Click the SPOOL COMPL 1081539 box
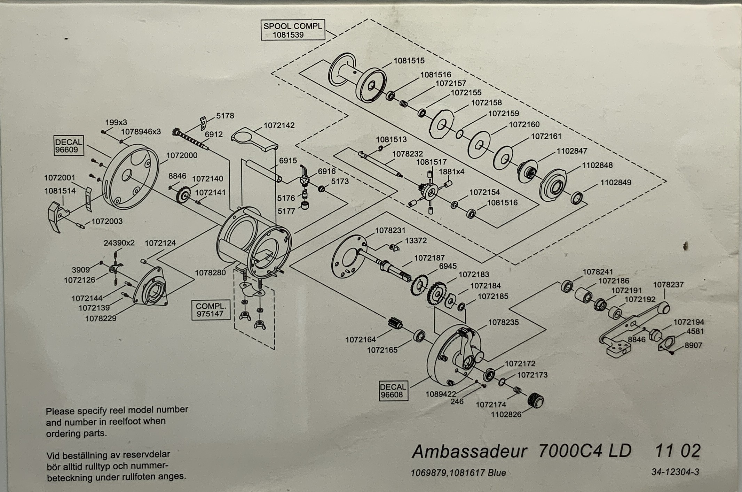coord(293,30)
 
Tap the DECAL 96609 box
coord(69,146)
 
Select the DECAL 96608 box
coord(393,391)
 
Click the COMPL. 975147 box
coord(211,310)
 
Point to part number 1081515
coord(409,61)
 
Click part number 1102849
coord(615,182)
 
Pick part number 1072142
coord(279,125)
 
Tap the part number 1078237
coord(668,285)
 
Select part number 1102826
coord(506,414)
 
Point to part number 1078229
coord(101,318)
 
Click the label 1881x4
coord(451,172)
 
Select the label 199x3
coord(116,123)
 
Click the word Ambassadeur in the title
coord(469,452)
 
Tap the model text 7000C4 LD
coord(584,451)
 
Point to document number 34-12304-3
coord(675,472)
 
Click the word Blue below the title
coord(497,473)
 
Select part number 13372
coord(416,241)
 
